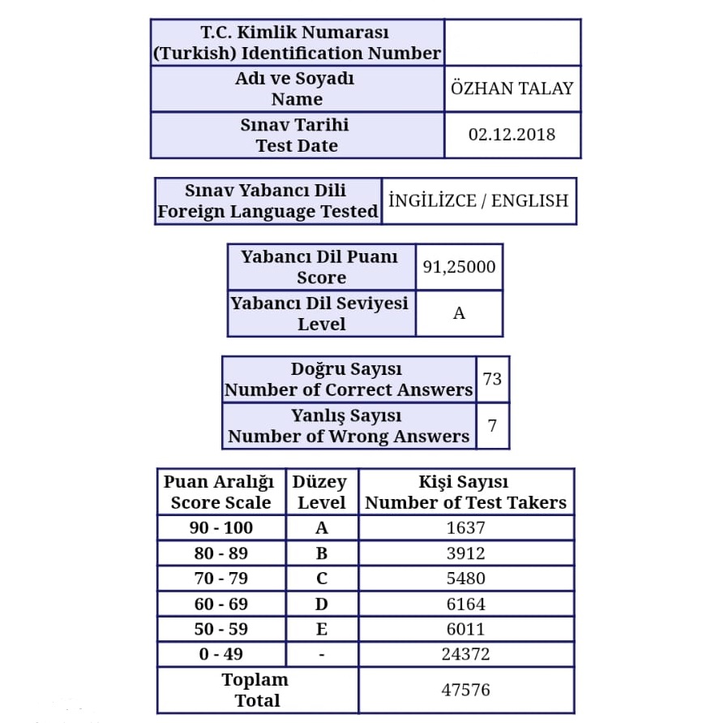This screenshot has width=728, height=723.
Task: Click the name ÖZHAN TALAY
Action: (x=512, y=88)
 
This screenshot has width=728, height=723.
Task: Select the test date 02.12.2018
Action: (x=512, y=135)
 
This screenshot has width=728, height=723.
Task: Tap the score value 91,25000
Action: (x=459, y=267)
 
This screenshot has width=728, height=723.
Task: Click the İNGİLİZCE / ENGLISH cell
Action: (x=478, y=201)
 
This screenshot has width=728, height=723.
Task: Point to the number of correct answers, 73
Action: (x=492, y=379)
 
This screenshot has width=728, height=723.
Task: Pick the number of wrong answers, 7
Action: (x=492, y=425)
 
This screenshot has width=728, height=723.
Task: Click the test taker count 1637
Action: (x=465, y=528)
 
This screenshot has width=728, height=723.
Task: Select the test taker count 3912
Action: (x=465, y=553)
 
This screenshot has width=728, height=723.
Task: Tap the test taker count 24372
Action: (x=465, y=654)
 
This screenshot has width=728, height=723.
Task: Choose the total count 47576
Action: (x=465, y=690)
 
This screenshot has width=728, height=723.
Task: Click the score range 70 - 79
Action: (x=221, y=579)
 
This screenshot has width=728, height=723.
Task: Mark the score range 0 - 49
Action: (x=221, y=654)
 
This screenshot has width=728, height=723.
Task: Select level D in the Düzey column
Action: (x=322, y=604)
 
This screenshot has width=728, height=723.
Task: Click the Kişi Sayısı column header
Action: (x=465, y=492)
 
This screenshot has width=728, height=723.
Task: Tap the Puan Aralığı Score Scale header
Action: (x=221, y=492)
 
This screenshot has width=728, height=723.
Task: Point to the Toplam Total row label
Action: (x=256, y=690)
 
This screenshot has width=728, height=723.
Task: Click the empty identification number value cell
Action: (x=512, y=43)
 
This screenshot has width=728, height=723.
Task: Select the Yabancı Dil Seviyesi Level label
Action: (x=321, y=313)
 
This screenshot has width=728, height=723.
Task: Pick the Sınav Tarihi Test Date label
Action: (x=296, y=136)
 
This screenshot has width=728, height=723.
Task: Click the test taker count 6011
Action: (x=465, y=629)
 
